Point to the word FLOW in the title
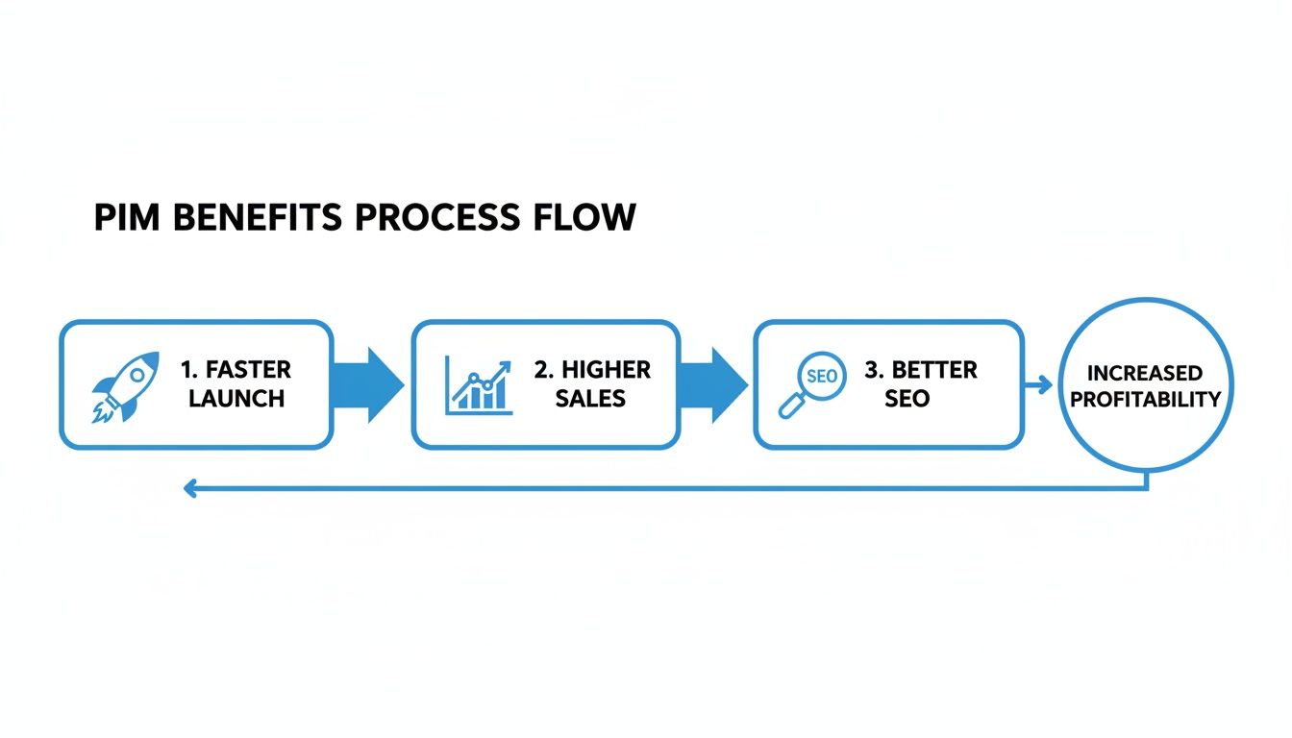(584, 217)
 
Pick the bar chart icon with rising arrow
(478, 385)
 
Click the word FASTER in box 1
(248, 370)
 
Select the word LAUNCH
(236, 398)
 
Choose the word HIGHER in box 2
(606, 370)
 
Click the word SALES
(590, 398)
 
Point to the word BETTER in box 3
(934, 370)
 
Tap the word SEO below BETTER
(907, 398)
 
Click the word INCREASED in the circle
(1145, 373)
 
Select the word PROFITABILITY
(1145, 399)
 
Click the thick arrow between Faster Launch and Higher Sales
(369, 384)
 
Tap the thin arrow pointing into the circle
(1039, 384)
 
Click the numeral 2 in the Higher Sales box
(540, 370)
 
